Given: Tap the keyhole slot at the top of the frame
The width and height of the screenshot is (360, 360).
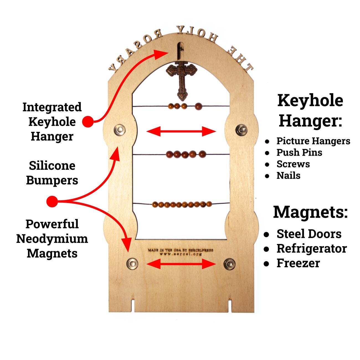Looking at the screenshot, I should pyautogui.click(x=180, y=50).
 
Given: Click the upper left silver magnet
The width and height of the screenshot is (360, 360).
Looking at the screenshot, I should pyautogui.click(x=120, y=129).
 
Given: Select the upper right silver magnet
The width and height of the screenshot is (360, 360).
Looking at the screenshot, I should pyautogui.click(x=241, y=129).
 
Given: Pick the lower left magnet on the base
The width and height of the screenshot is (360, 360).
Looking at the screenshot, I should pyautogui.click(x=132, y=263).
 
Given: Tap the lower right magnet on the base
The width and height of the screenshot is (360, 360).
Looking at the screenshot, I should pyautogui.click(x=230, y=264).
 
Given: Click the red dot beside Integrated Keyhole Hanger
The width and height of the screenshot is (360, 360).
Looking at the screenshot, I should pyautogui.click(x=88, y=122).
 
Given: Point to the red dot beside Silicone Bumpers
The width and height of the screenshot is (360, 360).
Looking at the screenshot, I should pyautogui.click(x=52, y=201).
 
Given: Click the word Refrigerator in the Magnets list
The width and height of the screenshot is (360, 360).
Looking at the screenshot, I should pyautogui.click(x=312, y=248).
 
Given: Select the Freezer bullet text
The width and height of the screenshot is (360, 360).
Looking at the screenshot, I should pyautogui.click(x=298, y=263).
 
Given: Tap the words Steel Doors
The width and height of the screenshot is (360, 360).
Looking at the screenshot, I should pyautogui.click(x=309, y=234).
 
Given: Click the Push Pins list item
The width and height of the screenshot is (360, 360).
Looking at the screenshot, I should pyautogui.click(x=299, y=152).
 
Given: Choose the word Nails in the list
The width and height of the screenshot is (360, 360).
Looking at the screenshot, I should pyautogui.click(x=288, y=175).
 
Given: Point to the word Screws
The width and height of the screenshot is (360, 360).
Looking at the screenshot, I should pyautogui.click(x=293, y=164).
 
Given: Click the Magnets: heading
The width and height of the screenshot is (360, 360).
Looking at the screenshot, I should pyautogui.click(x=310, y=212).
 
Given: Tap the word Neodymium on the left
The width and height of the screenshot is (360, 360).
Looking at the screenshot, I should pyautogui.click(x=52, y=238).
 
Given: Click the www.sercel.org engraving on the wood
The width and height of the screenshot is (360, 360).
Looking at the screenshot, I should pyautogui.click(x=181, y=254).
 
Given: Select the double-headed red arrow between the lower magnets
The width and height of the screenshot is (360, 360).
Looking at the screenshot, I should pyautogui.click(x=181, y=264).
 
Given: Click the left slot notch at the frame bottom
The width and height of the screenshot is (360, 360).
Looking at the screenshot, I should pyautogui.click(x=133, y=305).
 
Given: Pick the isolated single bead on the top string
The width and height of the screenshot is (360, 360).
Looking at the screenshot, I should pyautogui.click(x=198, y=106).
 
